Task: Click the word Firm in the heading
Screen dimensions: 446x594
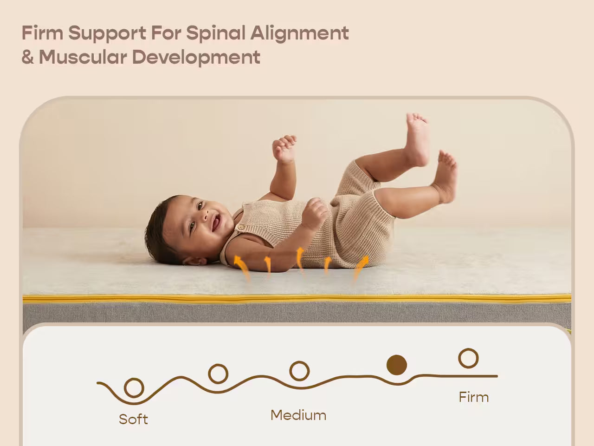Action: coord(42,33)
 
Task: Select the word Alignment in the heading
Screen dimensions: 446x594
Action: coord(300,33)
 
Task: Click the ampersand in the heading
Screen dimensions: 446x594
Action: coord(27,58)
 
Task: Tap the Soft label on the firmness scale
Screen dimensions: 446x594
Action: coord(133,419)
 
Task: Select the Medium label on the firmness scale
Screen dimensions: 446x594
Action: coord(298,415)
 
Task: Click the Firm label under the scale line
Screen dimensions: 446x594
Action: coord(473,397)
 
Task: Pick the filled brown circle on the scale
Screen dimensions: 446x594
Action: coord(397,365)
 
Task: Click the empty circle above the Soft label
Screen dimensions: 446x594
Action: coord(134,387)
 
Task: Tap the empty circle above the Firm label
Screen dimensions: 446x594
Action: coord(468,359)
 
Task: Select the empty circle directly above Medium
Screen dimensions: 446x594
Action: coord(299,371)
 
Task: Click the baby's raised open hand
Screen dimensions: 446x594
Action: coord(284,148)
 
